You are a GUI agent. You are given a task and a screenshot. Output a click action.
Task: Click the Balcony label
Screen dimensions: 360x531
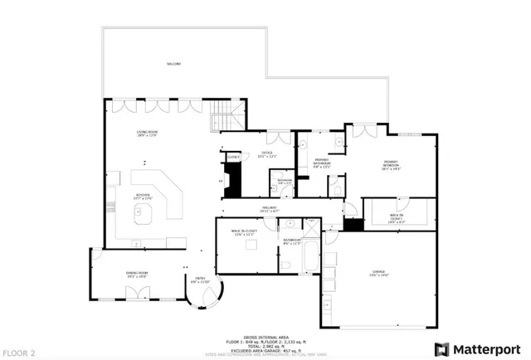173,64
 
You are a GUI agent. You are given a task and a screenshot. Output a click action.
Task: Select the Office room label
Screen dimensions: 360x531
267,154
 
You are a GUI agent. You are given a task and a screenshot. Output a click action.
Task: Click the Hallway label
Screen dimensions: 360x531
267,209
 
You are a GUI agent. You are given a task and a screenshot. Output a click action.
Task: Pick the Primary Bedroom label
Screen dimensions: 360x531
391,164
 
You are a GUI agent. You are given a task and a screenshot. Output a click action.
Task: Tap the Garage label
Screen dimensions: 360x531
380,275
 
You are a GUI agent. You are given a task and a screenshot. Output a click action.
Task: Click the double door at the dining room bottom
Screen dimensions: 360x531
135,293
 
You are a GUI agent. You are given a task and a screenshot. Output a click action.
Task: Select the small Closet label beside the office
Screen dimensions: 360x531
233,156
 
